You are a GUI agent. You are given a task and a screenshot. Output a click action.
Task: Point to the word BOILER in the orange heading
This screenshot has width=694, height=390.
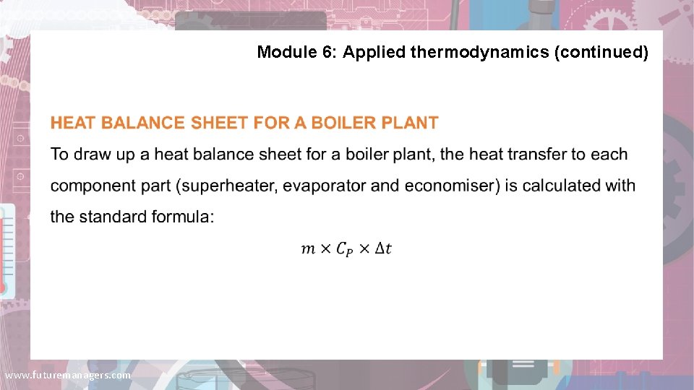pyautogui.click(x=338, y=123)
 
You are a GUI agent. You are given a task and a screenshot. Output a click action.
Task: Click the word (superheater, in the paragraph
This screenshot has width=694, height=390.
pyautogui.click(x=227, y=186)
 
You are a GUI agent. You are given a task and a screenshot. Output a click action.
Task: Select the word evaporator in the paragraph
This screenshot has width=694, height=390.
pyautogui.click(x=325, y=186)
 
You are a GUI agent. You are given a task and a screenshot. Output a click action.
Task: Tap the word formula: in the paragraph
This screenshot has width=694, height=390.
pyautogui.click(x=182, y=217)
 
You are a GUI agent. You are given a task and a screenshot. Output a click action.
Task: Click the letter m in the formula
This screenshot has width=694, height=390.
pyautogui.click(x=308, y=249)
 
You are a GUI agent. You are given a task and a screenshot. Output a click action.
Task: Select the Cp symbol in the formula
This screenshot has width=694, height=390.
pyautogui.click(x=346, y=250)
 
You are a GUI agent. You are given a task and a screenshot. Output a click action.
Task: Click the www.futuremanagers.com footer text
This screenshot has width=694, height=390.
pyautogui.click(x=68, y=376)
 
